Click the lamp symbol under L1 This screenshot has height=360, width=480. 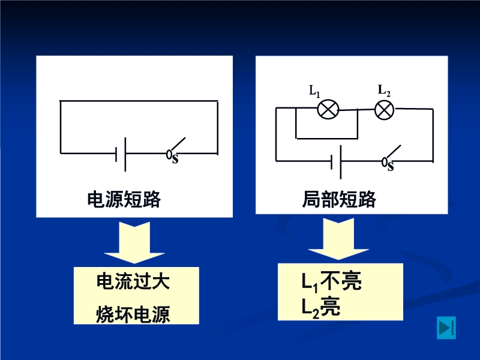(328, 110)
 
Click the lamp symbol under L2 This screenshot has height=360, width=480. (384, 109)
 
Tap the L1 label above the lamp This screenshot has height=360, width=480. (314, 91)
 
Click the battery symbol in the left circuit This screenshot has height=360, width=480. (120, 154)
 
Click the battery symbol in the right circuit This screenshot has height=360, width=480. (336, 161)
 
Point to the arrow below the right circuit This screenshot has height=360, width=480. (336, 238)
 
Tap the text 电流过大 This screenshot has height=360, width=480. (133, 282)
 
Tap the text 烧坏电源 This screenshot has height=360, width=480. (133, 314)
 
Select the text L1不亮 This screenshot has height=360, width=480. (331, 281)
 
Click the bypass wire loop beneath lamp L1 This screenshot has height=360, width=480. (327, 138)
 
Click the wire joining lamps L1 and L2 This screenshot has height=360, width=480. (357, 110)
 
